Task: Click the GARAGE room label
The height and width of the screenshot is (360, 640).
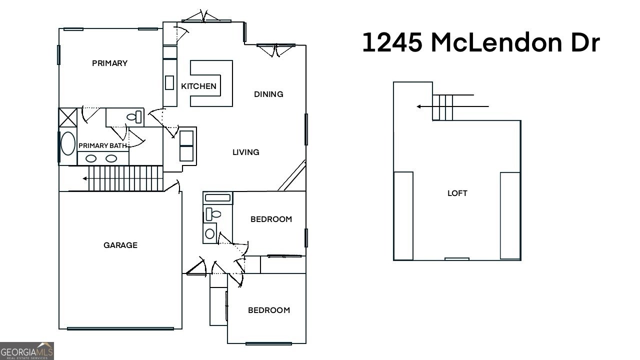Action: (x=120, y=245)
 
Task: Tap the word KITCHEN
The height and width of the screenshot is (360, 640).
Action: (x=198, y=86)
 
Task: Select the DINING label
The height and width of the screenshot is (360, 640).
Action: (x=268, y=94)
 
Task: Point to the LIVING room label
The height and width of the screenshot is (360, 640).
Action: (x=245, y=152)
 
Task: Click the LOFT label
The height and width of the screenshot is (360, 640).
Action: (x=457, y=193)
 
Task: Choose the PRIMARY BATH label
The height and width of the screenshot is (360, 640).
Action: (x=103, y=145)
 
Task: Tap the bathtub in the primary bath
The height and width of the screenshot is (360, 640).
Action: (x=67, y=143)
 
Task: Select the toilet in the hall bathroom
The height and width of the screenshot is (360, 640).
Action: (x=213, y=214)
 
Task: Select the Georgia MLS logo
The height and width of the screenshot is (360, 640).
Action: (x=27, y=350)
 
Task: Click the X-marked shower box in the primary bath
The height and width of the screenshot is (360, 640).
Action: (x=67, y=117)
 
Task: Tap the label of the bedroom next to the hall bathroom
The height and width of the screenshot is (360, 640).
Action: (x=271, y=219)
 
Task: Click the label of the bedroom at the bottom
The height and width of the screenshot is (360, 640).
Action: (x=268, y=310)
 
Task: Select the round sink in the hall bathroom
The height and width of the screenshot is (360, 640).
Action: (x=210, y=233)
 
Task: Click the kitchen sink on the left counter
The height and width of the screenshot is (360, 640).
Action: (x=169, y=82)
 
